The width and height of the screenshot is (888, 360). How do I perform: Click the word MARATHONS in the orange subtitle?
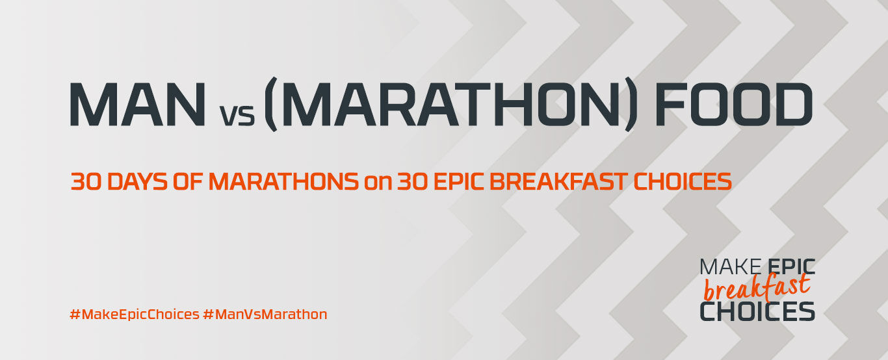[284, 181]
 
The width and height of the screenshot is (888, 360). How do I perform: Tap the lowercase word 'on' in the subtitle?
[378, 184]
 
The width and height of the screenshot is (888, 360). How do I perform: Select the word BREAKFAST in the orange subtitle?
[558, 181]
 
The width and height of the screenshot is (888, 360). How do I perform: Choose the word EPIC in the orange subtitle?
[459, 181]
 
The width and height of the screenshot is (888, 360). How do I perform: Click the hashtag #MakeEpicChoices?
[135, 315]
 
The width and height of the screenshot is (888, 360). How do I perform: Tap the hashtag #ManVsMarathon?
[265, 315]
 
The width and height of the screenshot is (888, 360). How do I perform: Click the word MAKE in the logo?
[730, 266]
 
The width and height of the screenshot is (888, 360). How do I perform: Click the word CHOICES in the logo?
[757, 312]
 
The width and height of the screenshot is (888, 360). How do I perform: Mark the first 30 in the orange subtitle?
[87, 181]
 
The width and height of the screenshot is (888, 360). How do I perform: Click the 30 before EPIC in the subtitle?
[413, 181]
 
